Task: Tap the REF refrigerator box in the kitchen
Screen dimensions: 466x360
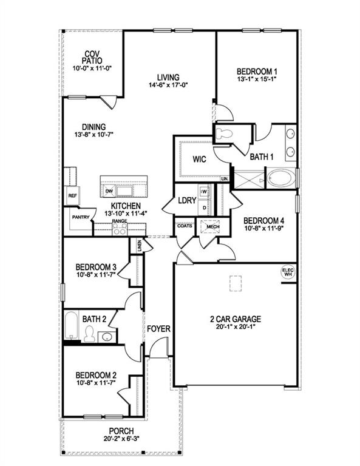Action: point(72,196)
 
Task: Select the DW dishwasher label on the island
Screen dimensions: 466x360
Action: point(109,192)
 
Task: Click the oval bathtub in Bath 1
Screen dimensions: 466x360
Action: point(281,178)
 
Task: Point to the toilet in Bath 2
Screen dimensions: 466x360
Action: point(89,334)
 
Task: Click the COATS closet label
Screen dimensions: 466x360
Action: point(185,226)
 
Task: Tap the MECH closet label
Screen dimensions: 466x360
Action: point(212,226)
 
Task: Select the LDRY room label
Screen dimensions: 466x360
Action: point(187,201)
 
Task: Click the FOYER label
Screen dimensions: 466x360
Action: point(158,329)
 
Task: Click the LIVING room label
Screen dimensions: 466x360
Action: point(168,77)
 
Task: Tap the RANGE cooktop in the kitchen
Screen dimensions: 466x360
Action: point(120,229)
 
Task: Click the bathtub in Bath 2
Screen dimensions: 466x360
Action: point(71,326)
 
